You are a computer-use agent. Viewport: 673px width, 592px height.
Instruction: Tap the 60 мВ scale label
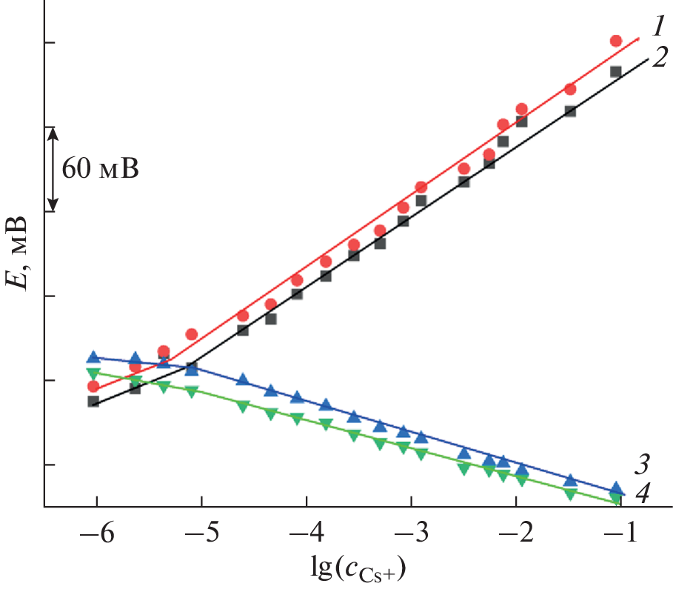click(99, 169)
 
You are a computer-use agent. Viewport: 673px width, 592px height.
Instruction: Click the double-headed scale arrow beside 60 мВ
click(53, 169)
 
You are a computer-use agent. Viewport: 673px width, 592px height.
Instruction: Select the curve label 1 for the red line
click(657, 26)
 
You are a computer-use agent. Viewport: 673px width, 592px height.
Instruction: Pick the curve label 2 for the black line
click(658, 59)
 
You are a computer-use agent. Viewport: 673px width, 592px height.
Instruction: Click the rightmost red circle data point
click(616, 41)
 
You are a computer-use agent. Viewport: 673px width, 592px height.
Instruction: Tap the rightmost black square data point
click(615, 72)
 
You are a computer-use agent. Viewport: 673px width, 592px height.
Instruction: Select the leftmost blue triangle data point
click(93, 357)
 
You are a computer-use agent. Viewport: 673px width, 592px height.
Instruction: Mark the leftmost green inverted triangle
click(93, 373)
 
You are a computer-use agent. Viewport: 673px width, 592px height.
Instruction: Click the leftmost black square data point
click(93, 401)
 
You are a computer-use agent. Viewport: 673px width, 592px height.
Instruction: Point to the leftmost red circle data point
click(93, 386)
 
